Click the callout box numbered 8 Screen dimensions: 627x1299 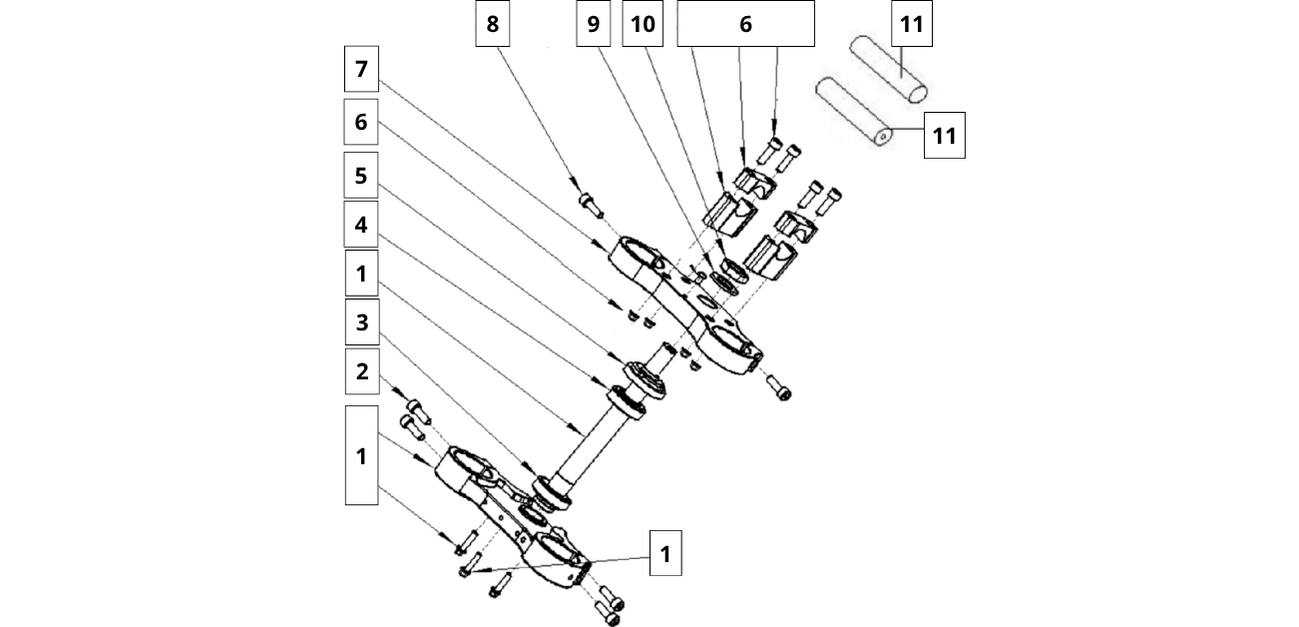click(492, 24)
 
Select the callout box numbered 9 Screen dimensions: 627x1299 click(594, 24)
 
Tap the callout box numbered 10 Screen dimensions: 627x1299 click(644, 24)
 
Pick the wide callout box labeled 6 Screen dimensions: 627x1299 click(745, 24)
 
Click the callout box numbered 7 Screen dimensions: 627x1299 click(361, 71)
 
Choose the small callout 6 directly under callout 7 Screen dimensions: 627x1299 click(361, 122)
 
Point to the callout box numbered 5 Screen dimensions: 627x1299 click(361, 175)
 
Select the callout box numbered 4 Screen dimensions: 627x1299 click(361, 225)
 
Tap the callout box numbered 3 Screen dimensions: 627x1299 click(361, 322)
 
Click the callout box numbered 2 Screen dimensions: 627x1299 click(361, 371)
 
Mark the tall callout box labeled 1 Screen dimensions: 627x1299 click(361, 455)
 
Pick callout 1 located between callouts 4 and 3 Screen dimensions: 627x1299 click(361, 273)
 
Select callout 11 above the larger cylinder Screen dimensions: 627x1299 click(911, 24)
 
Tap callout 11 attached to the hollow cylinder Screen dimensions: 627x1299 click(944, 136)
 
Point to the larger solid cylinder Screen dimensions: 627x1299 click(887, 68)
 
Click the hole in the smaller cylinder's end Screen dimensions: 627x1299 click(884, 134)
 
